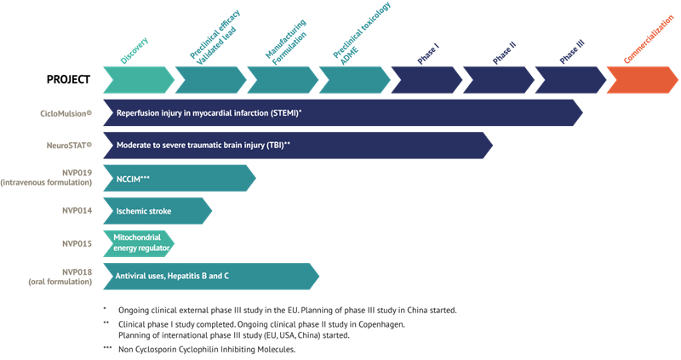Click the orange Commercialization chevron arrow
[x=642, y=79]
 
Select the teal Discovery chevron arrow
[x=138, y=79]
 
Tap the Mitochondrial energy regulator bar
[x=139, y=243]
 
